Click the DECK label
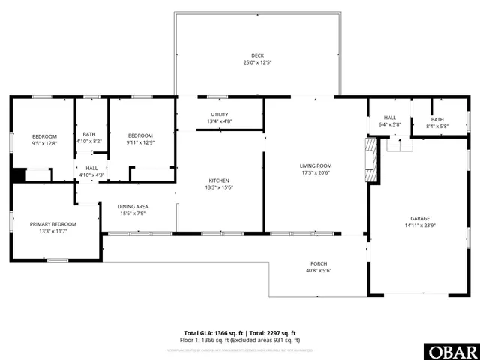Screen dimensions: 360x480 (257, 55)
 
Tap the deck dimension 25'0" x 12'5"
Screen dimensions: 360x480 (257, 62)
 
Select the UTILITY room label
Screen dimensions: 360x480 (219, 114)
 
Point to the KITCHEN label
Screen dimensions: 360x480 (219, 181)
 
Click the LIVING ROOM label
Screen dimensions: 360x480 (316, 166)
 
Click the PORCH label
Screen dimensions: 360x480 (319, 263)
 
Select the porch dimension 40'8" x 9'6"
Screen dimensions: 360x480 (319, 271)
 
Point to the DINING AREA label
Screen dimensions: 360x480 (132, 206)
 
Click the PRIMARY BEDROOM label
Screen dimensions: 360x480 (53, 224)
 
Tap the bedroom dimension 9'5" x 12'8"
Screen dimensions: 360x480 (44, 142)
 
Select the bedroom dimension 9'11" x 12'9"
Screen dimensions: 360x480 (142, 142)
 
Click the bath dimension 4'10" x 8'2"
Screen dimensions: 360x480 (89, 141)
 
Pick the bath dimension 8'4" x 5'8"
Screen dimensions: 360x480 (437, 127)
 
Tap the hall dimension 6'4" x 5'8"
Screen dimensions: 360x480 (390, 124)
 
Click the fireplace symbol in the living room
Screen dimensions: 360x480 (370, 159)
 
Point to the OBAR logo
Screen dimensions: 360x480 (451, 350)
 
